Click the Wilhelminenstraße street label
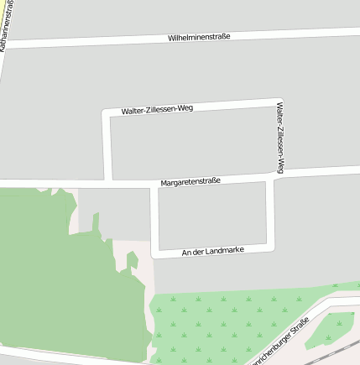point(199,37)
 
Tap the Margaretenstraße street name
point(191,181)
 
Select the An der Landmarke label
point(212,251)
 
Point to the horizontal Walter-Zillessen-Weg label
point(157,110)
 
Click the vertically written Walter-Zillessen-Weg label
point(280,138)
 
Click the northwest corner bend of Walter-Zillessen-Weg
point(106,112)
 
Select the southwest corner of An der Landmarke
point(154,254)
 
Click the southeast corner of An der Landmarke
point(271,248)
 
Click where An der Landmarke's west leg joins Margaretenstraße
point(154,184)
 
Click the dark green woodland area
point(59,277)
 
